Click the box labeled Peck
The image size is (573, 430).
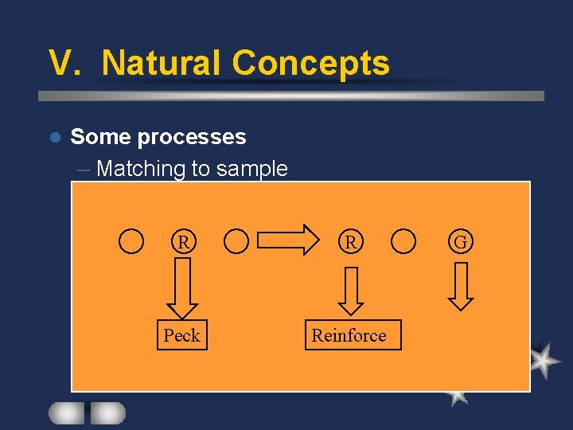point(181,335)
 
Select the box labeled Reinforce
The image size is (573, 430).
point(349,335)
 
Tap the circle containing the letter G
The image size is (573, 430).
point(461,240)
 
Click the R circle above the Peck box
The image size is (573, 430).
point(183,240)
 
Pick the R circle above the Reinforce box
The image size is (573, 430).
point(350,240)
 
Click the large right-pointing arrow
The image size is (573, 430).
point(287,240)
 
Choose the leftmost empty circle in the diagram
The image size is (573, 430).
point(131,240)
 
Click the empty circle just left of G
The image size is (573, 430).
point(404,240)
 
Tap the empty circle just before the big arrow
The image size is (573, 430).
point(236,240)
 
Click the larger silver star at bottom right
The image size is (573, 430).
point(543,361)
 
